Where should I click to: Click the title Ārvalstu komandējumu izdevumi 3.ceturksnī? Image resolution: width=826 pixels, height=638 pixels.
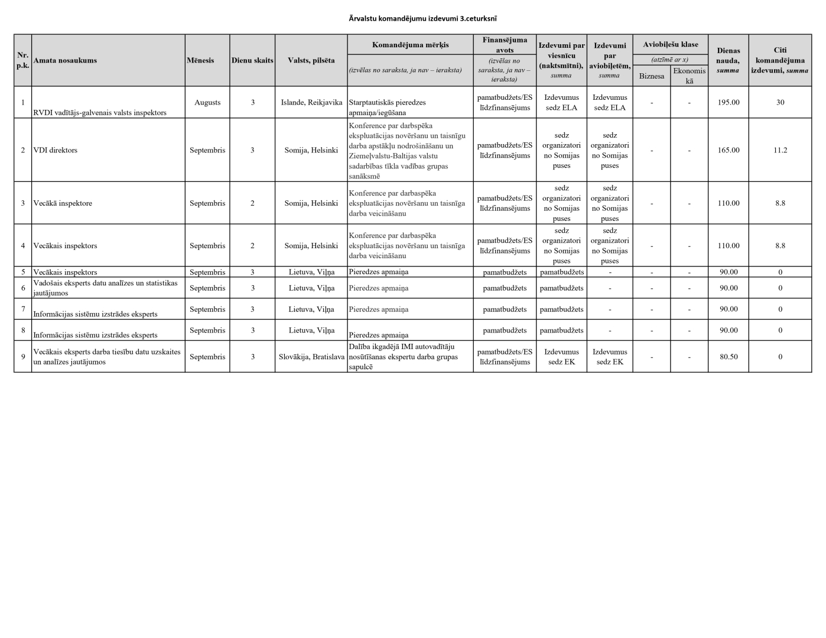point(426,19)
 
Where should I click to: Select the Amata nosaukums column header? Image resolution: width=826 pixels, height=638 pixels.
point(65,60)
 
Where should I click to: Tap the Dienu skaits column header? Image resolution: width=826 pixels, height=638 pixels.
point(252,60)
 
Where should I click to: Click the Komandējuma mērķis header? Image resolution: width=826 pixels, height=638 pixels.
point(410,45)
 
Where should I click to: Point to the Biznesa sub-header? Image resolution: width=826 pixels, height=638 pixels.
point(651,76)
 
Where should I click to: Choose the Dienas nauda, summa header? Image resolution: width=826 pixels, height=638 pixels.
point(728,60)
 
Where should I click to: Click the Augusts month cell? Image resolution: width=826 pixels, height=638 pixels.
point(207,102)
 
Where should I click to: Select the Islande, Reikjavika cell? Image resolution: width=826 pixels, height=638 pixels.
point(311,102)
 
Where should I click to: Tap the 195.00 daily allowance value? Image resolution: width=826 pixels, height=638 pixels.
point(728,102)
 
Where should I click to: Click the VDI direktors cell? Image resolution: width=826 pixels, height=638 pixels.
point(56,150)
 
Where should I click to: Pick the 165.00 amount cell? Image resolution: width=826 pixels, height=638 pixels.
point(728,150)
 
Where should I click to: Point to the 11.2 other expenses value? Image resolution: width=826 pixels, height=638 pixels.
point(780,150)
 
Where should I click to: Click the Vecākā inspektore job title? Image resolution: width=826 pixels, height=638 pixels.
point(63,203)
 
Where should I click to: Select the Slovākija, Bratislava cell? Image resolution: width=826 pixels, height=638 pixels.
point(311,357)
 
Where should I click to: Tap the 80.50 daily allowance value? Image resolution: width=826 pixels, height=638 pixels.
point(728,357)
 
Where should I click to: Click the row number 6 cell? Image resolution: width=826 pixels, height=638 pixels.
point(23,288)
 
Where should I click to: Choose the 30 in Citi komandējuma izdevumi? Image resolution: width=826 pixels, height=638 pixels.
point(780,102)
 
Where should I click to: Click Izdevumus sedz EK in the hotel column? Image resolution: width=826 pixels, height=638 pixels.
point(561,357)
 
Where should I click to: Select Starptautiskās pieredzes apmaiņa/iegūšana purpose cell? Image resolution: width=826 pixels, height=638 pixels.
point(387,107)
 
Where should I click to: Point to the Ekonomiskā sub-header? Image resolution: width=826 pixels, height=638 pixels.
point(689,76)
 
